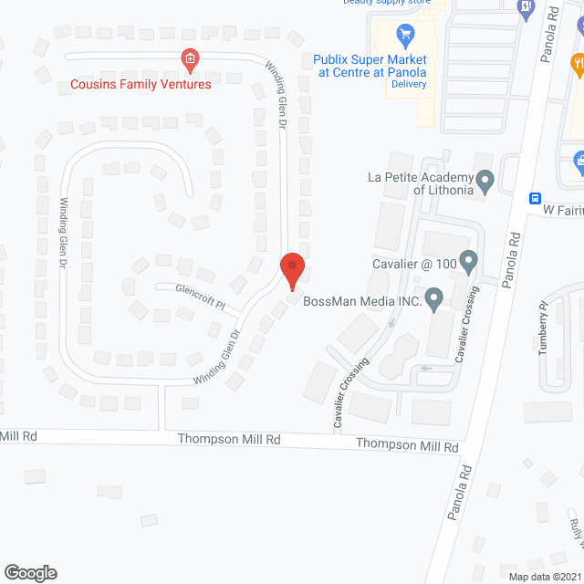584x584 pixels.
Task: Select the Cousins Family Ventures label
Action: point(141,84)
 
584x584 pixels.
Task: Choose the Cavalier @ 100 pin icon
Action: point(468,264)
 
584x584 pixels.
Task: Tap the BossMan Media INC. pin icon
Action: point(433,297)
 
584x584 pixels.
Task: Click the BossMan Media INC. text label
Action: point(361,302)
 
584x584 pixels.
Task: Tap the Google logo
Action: point(30,572)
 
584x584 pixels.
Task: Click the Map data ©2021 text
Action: point(544,576)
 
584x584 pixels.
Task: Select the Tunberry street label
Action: point(544,328)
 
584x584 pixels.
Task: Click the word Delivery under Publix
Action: point(408,84)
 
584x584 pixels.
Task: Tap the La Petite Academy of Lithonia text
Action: point(421,183)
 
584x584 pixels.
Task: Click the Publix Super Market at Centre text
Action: point(370,65)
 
